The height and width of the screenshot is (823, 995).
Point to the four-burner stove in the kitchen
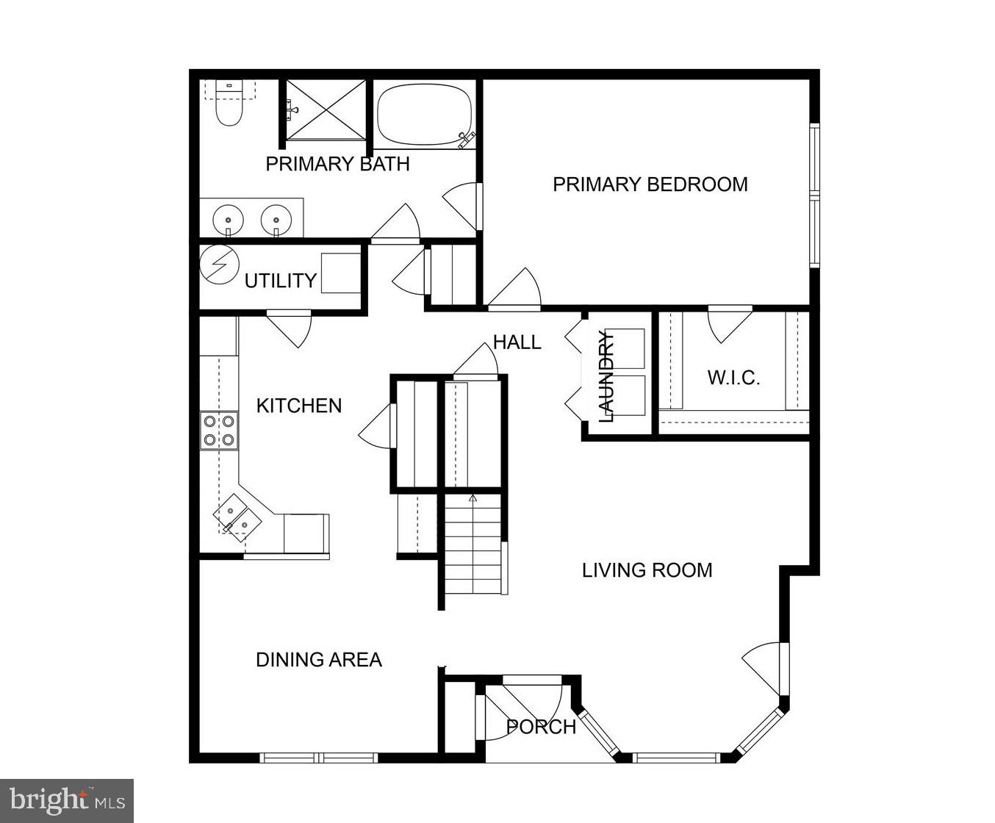219,431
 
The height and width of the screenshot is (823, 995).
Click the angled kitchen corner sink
237,514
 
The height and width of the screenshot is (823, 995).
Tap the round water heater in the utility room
220,265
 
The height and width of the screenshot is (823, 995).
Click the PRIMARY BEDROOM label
650,184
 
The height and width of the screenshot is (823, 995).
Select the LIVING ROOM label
647,570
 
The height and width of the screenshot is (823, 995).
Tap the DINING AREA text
318,660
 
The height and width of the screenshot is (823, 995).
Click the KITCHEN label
298,406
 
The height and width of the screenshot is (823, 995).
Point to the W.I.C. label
733,378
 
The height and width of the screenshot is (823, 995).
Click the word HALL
517,342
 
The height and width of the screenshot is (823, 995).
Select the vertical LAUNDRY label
606,376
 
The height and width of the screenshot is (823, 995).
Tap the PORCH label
541,727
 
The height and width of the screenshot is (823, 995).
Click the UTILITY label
280,281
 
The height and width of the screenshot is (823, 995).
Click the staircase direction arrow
473,499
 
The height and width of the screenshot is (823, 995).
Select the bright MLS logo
66,799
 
